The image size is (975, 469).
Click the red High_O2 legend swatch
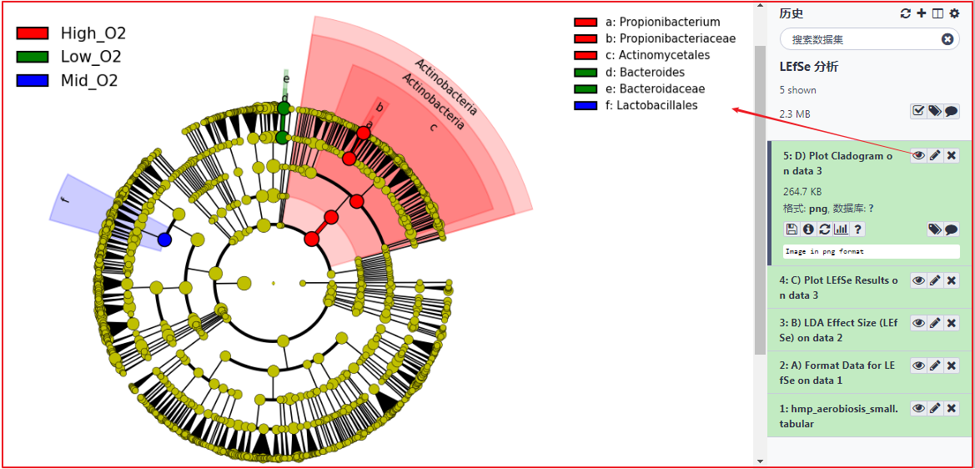(33, 33)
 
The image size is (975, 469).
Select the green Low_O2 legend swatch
(33, 57)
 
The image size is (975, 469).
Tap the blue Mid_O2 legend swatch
(33, 80)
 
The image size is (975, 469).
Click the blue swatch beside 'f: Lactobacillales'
(586, 106)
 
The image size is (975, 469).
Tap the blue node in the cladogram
(164, 240)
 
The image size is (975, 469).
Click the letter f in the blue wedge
(65, 199)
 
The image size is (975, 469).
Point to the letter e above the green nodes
(286, 79)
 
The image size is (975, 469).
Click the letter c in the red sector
(432, 128)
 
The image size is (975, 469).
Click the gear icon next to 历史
(954, 13)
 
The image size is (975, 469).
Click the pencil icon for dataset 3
(935, 323)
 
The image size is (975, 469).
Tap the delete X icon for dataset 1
(951, 408)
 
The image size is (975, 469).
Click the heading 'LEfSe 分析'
(808, 67)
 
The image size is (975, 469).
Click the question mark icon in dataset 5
(857, 229)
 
